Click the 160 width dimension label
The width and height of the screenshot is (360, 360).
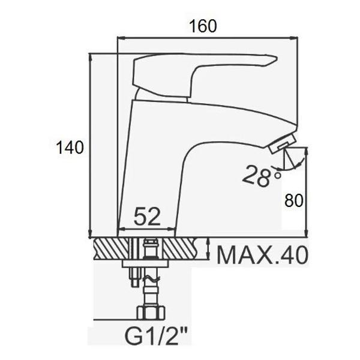(203, 26)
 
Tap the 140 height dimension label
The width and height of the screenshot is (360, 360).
(70, 148)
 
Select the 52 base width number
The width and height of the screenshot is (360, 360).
(147, 216)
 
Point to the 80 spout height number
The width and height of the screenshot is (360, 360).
(294, 200)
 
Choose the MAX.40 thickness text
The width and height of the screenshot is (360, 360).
(262, 255)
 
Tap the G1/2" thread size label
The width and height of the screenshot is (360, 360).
(156, 336)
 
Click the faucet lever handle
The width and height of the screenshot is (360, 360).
(202, 73)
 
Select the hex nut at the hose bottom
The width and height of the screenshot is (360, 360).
(151, 312)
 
